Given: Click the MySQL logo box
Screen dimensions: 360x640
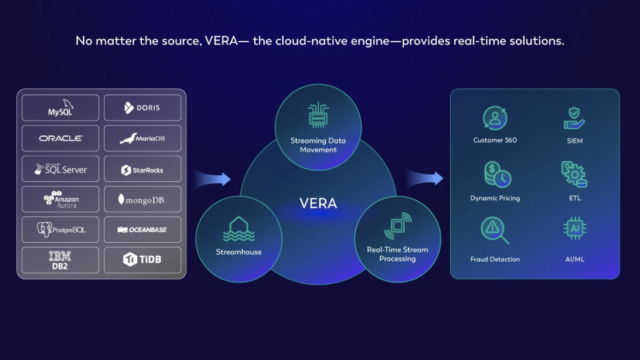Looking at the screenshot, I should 60,108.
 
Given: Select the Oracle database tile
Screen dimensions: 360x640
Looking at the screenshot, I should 60,138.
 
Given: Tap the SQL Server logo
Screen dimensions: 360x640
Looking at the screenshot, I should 60,169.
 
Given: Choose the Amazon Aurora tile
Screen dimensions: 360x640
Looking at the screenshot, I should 60,199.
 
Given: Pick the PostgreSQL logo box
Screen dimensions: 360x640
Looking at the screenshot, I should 60,230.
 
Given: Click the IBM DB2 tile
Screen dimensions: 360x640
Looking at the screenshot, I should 60,260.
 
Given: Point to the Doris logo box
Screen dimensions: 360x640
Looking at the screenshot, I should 142,108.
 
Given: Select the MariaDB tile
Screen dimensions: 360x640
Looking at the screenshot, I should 142,138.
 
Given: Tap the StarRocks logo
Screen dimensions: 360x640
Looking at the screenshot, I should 142,169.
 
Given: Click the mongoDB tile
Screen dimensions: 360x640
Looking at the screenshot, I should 142,199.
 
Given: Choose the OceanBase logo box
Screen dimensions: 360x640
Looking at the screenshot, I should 142,230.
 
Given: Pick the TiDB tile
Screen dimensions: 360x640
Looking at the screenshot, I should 142,260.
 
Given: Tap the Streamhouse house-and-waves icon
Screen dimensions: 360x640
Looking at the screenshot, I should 239,229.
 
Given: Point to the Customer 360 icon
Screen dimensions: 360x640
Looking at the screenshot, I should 495,118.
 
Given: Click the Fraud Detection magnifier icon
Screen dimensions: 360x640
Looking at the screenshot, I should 495,230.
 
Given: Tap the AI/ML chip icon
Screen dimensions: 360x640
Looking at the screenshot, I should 575,229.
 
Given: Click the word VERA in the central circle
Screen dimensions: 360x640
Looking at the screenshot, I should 318,203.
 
